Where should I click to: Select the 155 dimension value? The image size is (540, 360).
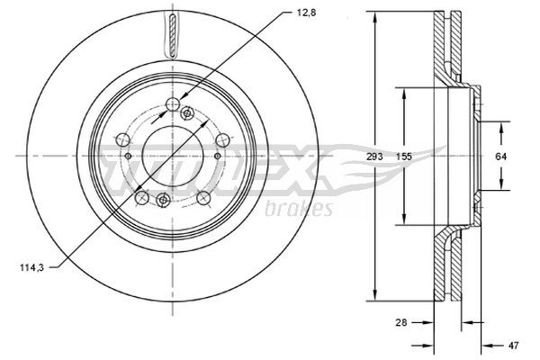[x=407, y=157]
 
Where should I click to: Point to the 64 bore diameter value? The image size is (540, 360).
[x=501, y=157]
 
